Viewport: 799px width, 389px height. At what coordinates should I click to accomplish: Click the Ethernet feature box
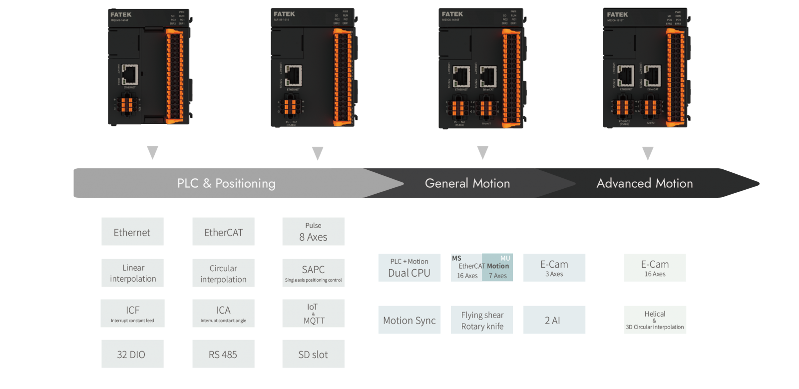click(132, 232)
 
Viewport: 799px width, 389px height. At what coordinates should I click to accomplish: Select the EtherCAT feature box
click(223, 232)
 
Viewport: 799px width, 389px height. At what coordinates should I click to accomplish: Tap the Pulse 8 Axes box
click(313, 232)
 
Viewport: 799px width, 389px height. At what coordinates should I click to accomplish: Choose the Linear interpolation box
click(132, 273)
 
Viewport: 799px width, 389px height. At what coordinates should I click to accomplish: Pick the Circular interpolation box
click(223, 273)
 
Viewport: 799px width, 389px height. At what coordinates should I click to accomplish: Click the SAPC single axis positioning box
click(313, 273)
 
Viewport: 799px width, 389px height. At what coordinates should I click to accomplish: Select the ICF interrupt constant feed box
click(132, 314)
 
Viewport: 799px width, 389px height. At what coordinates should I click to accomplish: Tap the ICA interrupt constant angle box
click(223, 314)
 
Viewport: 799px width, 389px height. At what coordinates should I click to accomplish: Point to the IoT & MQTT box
click(313, 314)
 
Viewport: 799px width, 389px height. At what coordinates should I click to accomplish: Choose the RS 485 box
click(223, 354)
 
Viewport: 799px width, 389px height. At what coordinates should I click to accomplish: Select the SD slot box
click(313, 354)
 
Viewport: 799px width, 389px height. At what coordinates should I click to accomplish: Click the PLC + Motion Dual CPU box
click(409, 268)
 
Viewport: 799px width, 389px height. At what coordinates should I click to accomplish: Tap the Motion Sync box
click(409, 320)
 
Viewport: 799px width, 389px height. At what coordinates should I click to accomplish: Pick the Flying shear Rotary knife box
click(482, 320)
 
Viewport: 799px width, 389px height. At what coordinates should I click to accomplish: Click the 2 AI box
click(554, 320)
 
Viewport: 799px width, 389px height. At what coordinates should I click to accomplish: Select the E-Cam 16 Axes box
click(655, 268)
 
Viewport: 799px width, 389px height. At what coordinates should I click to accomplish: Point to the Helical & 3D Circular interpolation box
click(655, 320)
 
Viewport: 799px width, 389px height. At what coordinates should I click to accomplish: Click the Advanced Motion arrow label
click(644, 183)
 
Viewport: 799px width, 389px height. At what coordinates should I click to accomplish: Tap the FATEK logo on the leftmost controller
click(121, 14)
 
